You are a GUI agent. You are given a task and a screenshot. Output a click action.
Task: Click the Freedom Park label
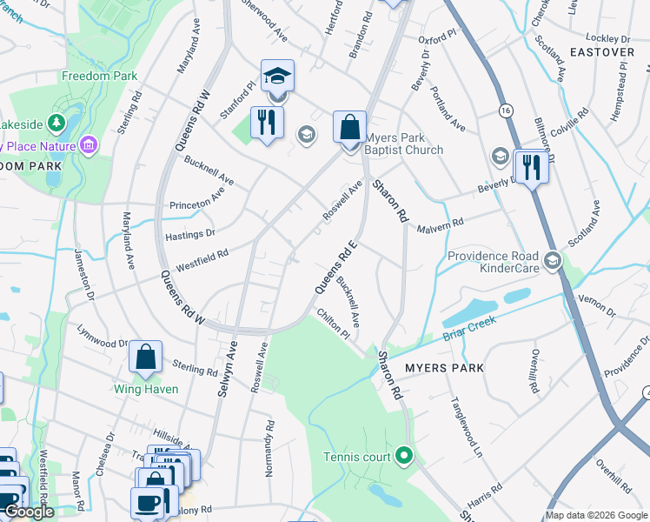pos(99,76)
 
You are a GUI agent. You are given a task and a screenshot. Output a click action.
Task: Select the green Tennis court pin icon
pos(403,454)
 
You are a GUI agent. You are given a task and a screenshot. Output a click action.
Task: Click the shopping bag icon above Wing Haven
pos(146,357)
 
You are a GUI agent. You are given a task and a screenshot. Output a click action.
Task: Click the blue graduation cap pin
pos(277,77)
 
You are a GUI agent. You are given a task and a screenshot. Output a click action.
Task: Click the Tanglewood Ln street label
pos(464,426)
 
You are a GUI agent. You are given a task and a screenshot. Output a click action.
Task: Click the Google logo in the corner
pos(30,512)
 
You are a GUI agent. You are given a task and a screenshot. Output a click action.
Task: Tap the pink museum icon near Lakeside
pos(88,144)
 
